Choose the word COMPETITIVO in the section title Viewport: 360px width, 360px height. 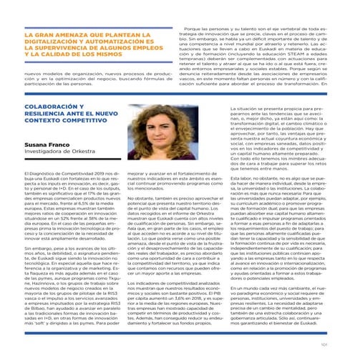click(x=84, y=124)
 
